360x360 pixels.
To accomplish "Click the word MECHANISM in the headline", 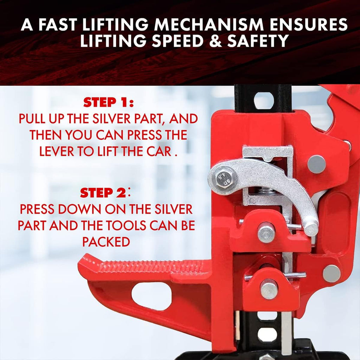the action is click(208, 25).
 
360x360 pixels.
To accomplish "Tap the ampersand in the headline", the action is click(216, 41).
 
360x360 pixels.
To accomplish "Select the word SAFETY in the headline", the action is click(258, 41).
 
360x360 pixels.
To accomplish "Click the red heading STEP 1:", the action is click(108, 102).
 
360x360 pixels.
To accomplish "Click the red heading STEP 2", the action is click(103, 193).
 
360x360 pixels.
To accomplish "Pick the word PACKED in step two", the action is click(106, 242).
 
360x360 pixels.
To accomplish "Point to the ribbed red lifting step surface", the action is click(149, 266).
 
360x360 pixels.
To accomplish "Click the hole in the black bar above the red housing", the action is click(264, 100).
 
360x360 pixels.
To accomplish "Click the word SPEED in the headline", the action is click(178, 41).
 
